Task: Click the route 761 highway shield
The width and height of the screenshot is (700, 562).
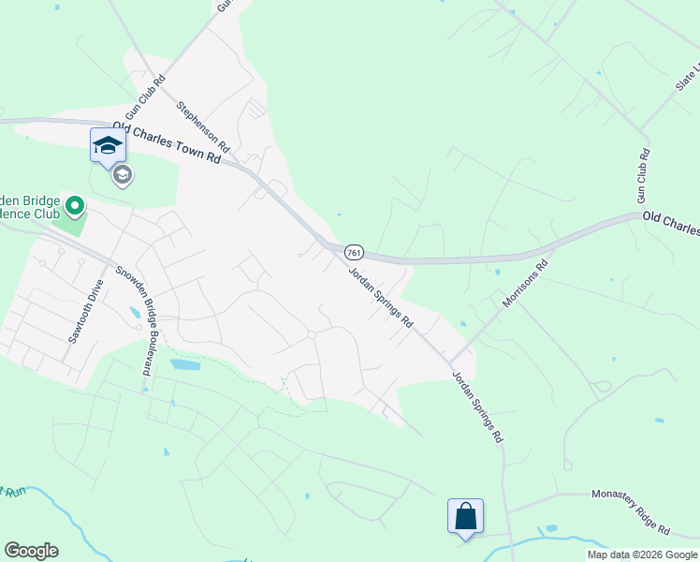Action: [353, 253]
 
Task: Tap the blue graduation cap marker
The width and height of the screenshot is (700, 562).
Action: [107, 145]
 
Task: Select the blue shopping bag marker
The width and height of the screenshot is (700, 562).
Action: [465, 515]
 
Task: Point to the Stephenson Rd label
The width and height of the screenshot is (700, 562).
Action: [202, 127]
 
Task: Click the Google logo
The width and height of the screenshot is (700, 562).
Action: [31, 551]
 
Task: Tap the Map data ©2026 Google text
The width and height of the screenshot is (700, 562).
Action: [642, 555]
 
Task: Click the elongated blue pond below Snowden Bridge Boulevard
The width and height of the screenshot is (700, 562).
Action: [184, 364]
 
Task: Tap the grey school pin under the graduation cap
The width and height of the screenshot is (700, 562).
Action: [121, 175]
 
